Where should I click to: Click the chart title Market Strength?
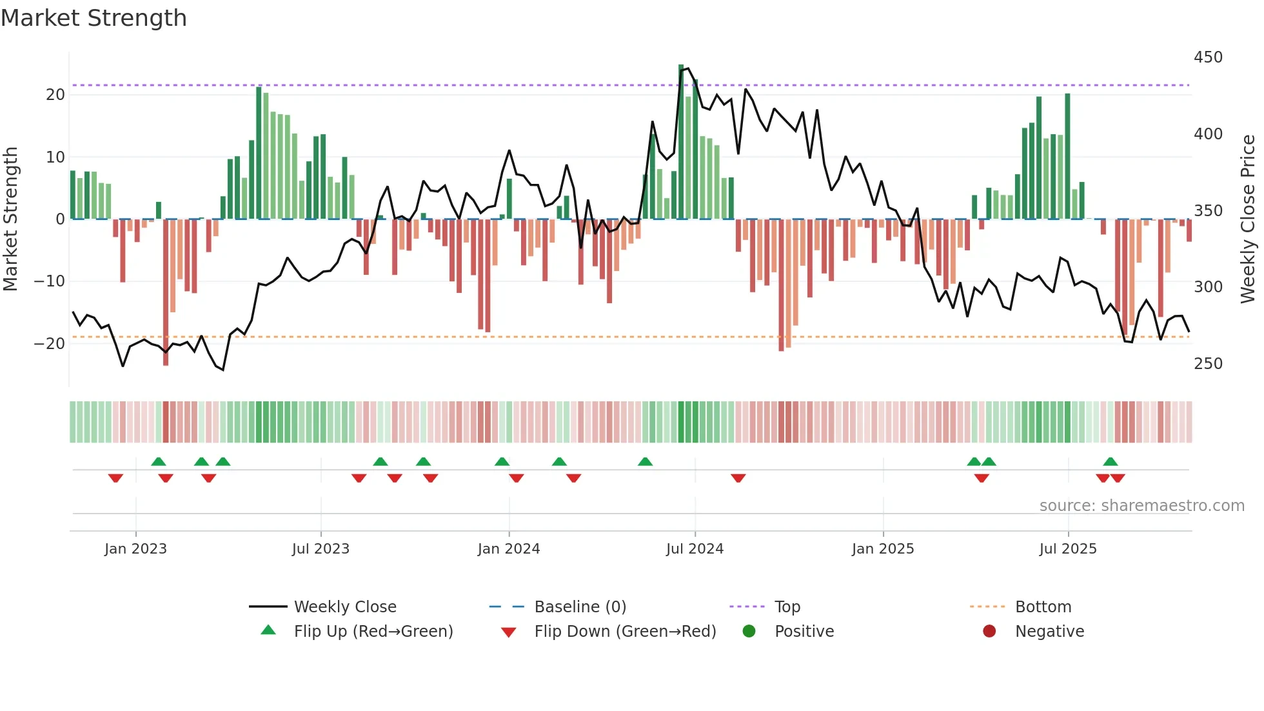click(x=94, y=18)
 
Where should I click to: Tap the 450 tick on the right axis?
click(x=1208, y=57)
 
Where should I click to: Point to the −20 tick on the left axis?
click(x=50, y=344)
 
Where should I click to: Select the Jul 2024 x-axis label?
click(x=695, y=549)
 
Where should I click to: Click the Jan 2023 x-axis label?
click(x=135, y=549)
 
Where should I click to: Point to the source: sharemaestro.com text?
click(x=1141, y=506)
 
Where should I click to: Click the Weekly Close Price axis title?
click(x=1248, y=219)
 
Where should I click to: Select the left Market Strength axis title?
click(x=11, y=219)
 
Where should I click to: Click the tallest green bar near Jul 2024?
click(x=681, y=142)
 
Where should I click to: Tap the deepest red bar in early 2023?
click(x=166, y=294)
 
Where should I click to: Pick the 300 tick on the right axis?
click(x=1208, y=287)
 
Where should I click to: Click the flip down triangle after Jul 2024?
click(x=738, y=478)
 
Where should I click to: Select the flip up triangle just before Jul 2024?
click(x=645, y=461)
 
